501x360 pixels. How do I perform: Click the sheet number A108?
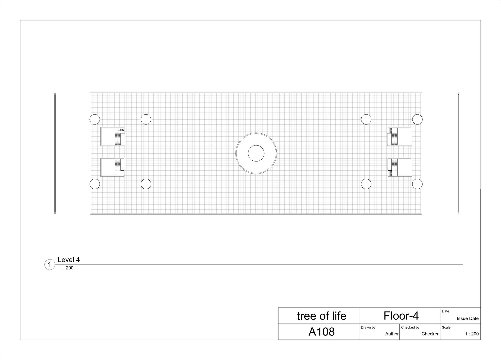321,332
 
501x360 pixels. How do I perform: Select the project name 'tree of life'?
321,316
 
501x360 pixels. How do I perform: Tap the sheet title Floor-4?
401,316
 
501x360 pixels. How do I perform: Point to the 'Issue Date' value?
467,319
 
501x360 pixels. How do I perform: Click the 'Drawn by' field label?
368,327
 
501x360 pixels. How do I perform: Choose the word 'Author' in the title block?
392,334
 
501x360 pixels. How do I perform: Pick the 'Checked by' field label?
410,327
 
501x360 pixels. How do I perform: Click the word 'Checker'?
430,334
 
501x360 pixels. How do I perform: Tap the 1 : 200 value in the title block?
472,334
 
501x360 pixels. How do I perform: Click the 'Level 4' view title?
69,260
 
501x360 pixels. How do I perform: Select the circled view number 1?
49,265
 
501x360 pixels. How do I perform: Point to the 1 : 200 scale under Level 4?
66,268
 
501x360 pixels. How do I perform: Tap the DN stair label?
122,130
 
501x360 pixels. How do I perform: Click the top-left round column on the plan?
95,119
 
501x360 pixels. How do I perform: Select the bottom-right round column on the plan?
417,184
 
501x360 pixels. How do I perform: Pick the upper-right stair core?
399,136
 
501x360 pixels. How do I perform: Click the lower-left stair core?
113,167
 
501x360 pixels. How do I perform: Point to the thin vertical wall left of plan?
55,153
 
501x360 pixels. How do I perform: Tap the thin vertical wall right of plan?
459,153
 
